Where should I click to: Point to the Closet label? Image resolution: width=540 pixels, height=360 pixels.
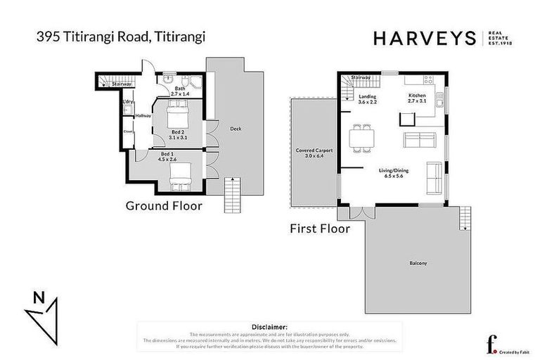(x=128, y=131)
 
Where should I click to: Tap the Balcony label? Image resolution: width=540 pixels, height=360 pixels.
(x=418, y=264)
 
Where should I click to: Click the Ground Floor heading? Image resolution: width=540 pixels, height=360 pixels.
(x=164, y=206)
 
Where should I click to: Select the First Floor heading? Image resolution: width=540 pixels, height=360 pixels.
(x=320, y=229)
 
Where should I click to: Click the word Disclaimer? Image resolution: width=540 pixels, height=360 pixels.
(x=269, y=327)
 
